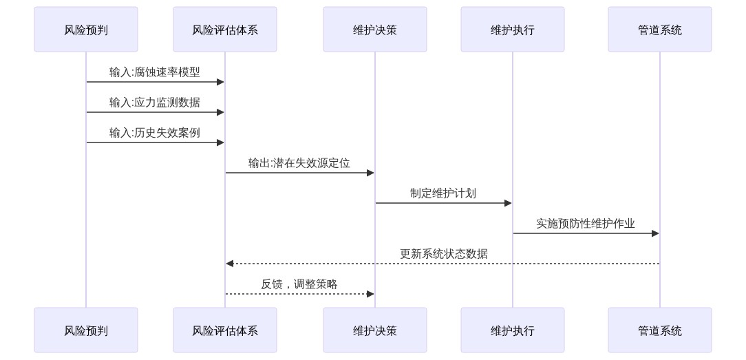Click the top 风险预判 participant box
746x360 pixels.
pos(86,30)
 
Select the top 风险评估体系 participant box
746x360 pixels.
pos(225,30)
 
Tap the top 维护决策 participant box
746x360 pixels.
pos(375,30)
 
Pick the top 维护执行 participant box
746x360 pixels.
pos(513,30)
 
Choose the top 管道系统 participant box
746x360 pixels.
pos(660,30)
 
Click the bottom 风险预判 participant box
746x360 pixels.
pos(86,330)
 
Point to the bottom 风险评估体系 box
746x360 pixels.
pos(225,330)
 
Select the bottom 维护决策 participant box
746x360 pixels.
pos(375,330)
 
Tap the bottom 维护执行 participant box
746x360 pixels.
pos(513,330)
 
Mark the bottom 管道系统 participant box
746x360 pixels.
pos(660,330)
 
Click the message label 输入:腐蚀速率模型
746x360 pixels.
pos(155,72)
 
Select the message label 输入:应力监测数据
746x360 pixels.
pos(155,103)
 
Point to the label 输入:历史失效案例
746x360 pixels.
pos(155,133)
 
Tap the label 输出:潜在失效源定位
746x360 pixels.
pos(299,163)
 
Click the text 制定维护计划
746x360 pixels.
pos(443,193)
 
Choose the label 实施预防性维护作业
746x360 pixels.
pos(586,224)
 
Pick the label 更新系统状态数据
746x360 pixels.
pos(443,254)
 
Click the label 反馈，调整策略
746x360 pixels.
pos(299,284)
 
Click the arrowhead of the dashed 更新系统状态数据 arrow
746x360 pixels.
pos(230,264)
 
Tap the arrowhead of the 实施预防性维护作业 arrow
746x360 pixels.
pos(655,233)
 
